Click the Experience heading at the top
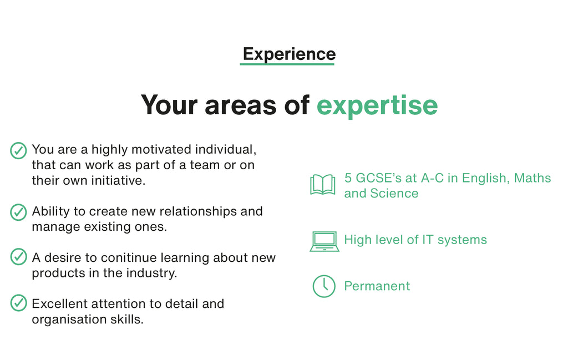point(289,54)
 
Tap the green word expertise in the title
point(377,105)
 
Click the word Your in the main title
point(170,105)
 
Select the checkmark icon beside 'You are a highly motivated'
point(18,151)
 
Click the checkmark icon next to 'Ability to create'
point(18,212)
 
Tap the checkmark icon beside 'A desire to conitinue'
point(18,256)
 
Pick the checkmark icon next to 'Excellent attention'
point(18,303)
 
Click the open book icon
point(323,185)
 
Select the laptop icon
point(324,241)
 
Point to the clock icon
point(324,286)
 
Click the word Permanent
point(377,286)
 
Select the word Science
point(394,194)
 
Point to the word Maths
point(532,178)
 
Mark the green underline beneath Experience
point(287,64)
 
